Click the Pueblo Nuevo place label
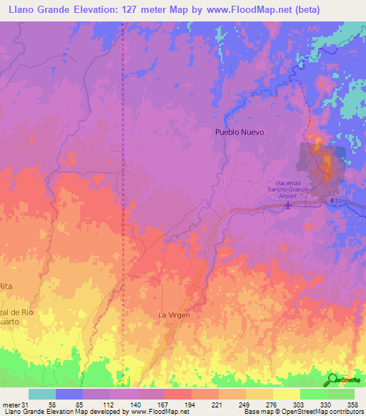[x=239, y=132]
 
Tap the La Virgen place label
[x=174, y=314]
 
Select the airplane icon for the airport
[x=289, y=206]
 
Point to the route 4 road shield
[x=332, y=202]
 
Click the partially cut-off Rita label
[x=7, y=286]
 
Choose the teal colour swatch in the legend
[x=42, y=394]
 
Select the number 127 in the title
[x=114, y=10]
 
